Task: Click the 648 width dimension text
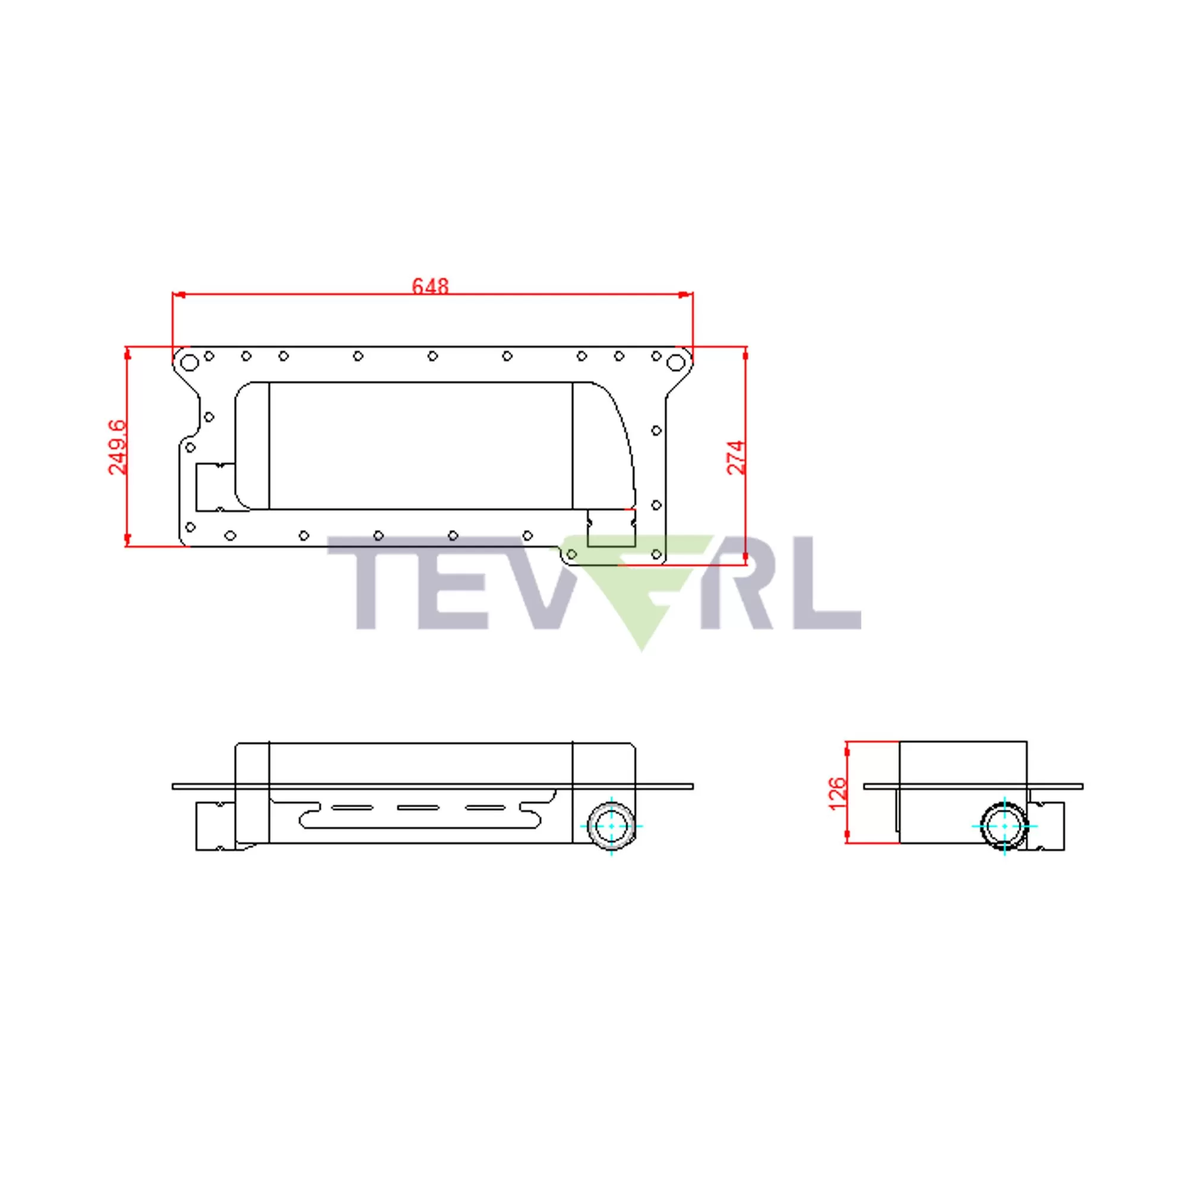point(430,286)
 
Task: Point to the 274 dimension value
point(737,457)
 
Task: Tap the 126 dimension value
point(838,793)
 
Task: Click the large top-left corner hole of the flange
point(190,362)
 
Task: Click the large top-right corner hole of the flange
point(675,362)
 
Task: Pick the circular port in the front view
point(611,825)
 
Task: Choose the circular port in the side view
point(1004,826)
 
